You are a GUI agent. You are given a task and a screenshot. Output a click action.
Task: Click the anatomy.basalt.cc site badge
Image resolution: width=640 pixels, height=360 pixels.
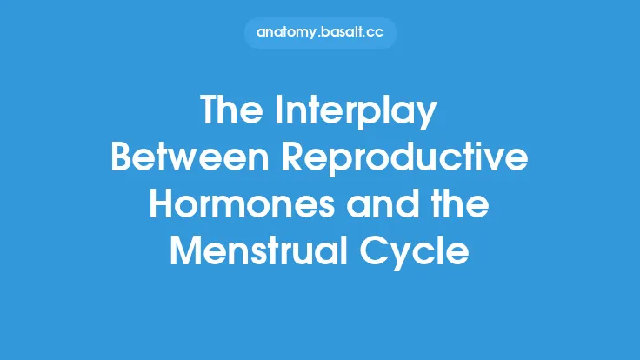click(x=320, y=32)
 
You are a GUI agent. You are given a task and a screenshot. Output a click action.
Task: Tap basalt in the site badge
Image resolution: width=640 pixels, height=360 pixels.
click(x=346, y=32)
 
